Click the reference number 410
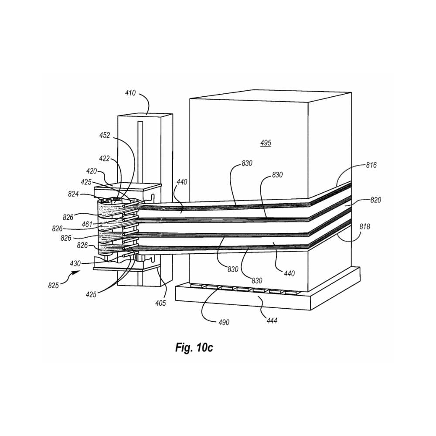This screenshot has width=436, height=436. click(x=130, y=93)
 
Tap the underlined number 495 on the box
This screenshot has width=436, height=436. click(x=266, y=143)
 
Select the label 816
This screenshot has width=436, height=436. click(x=371, y=165)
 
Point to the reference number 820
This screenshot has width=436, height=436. click(x=375, y=200)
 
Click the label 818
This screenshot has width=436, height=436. click(x=364, y=227)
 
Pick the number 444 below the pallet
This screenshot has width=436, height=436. click(x=272, y=320)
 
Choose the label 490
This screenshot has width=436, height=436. click(x=224, y=322)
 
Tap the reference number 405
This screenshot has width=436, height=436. click(x=160, y=303)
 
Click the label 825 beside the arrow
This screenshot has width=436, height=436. click(x=53, y=285)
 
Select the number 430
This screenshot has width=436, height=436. click(x=75, y=263)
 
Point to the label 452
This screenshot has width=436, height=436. click(x=105, y=136)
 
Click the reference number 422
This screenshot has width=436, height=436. click(x=104, y=159)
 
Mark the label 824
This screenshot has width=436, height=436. click(x=73, y=194)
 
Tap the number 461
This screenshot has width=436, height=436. click(x=87, y=224)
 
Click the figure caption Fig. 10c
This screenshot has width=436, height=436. click(x=194, y=347)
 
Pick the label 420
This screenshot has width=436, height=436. click(x=92, y=171)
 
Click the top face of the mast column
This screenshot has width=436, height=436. click(x=145, y=115)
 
